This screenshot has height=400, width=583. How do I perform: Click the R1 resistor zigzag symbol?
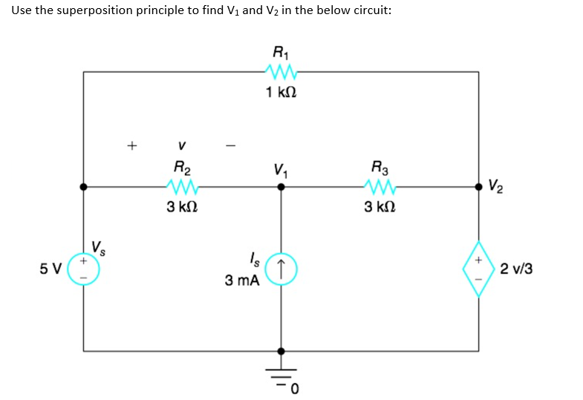[280, 72]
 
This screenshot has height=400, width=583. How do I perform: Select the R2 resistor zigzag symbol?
[181, 186]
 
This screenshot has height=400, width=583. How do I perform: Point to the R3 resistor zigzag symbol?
[379, 186]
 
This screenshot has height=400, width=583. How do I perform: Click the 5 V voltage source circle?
[83, 268]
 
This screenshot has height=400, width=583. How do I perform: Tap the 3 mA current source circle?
[280, 268]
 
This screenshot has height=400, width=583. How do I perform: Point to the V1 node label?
[280, 168]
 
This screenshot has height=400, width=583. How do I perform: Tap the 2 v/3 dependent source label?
[516, 268]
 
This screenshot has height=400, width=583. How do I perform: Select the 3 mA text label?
[241, 281]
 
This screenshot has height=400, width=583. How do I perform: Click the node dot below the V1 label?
[280, 187]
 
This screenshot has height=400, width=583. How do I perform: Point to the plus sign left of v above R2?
[131, 145]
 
